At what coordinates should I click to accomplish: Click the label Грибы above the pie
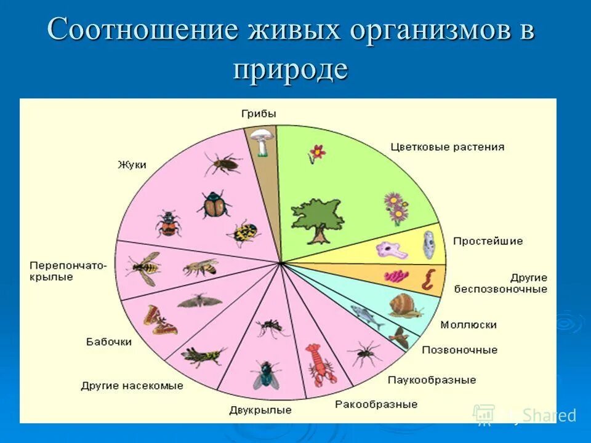[x=259, y=114]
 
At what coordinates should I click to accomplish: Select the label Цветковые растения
[x=447, y=147]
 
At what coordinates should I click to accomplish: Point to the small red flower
[x=316, y=153]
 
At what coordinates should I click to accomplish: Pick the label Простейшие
[x=488, y=241]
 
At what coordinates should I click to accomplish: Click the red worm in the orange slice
[x=427, y=279]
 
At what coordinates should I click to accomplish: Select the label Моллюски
[x=468, y=325]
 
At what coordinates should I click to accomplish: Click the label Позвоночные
[x=459, y=350]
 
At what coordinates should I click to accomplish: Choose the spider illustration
[x=365, y=354]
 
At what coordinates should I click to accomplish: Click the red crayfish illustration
[x=320, y=365]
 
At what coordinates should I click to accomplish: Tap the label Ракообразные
[x=376, y=404]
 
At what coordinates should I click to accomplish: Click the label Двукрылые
[x=260, y=410]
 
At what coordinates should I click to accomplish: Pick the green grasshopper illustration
[x=203, y=355]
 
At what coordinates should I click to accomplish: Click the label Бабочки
[x=109, y=341]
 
